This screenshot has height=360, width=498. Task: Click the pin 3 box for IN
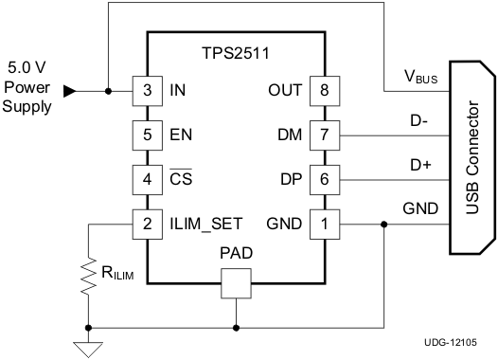pyautogui.click(x=147, y=91)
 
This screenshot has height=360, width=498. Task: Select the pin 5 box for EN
pyautogui.click(x=147, y=135)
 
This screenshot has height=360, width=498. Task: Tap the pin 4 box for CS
pyautogui.click(x=147, y=178)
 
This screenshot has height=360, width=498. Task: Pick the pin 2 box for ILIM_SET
pyautogui.click(x=147, y=224)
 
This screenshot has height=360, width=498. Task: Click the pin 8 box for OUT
pyautogui.click(x=325, y=91)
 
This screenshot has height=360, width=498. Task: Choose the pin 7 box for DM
pyautogui.click(x=325, y=135)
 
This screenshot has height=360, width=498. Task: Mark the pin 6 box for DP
pyautogui.click(x=325, y=178)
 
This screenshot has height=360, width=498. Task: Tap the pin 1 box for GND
pyautogui.click(x=325, y=224)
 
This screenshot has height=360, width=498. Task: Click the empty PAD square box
pyautogui.click(x=236, y=281)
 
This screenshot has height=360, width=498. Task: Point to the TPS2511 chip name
pyautogui.click(x=236, y=55)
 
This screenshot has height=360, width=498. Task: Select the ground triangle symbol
pyautogui.click(x=87, y=348)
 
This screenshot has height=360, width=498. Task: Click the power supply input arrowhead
pyautogui.click(x=69, y=91)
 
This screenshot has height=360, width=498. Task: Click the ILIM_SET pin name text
pyautogui.click(x=207, y=224)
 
